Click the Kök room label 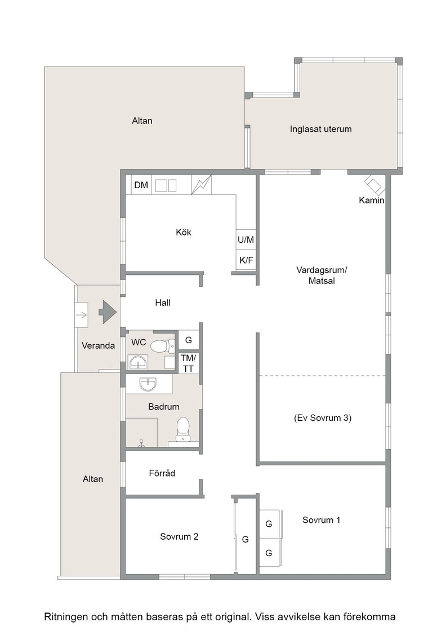click(184, 232)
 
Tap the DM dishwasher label click(141, 185)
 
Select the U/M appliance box click(246, 240)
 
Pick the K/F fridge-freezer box click(246, 260)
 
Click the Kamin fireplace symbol click(374, 185)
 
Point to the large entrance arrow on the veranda click(108, 312)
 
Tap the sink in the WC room click(138, 363)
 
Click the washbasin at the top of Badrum click(148, 385)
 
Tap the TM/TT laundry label click(188, 363)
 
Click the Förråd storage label click(162, 473)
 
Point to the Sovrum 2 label click(179, 536)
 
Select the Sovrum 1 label click(322, 520)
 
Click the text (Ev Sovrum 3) click(323, 417)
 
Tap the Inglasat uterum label click(320, 129)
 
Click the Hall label click(163, 303)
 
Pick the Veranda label click(98, 345)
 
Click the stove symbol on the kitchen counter click(201, 185)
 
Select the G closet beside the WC click(188, 340)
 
